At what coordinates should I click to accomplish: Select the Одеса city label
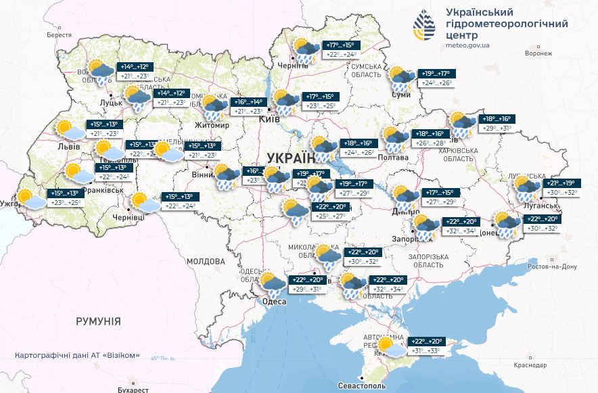[274, 302]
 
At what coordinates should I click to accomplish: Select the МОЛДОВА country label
[205, 261]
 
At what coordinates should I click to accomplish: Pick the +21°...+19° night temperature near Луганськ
[561, 183]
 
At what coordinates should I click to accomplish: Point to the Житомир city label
[212, 126]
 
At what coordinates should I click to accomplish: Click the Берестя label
[59, 34]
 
